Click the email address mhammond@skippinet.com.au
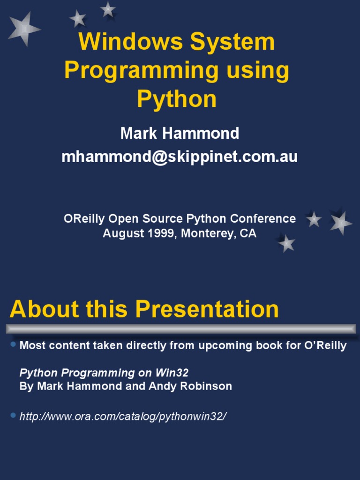pyautogui.click(x=180, y=157)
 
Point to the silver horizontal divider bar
pyautogui.click(x=180, y=328)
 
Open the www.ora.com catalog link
pyautogui.click(x=123, y=416)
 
